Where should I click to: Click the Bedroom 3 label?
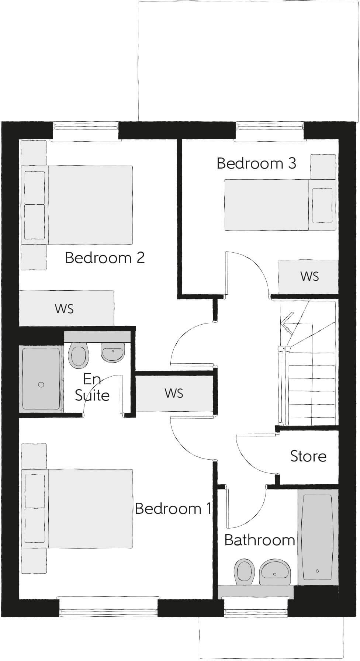click(256, 163)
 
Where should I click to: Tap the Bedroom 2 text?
click(105, 257)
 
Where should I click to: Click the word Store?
click(308, 456)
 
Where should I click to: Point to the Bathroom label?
click(259, 540)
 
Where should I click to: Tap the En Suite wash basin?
click(113, 353)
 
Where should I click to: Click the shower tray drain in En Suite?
click(41, 385)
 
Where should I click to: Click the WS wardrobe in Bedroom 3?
click(309, 277)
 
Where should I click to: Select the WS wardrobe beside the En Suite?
click(174, 393)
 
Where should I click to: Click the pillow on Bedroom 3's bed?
click(322, 205)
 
